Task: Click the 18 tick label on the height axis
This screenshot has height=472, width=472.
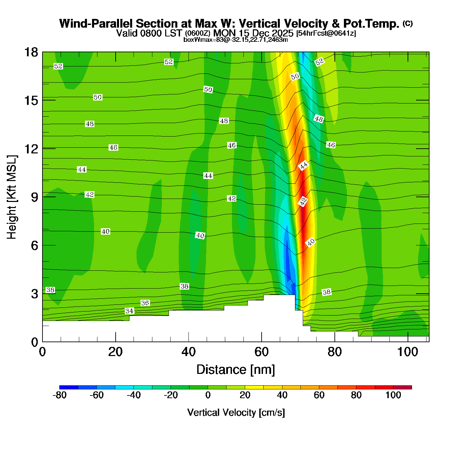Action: pyautogui.click(x=31, y=52)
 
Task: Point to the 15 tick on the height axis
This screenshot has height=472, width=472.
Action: pyautogui.click(x=31, y=100)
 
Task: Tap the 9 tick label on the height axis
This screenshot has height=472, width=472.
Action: pyautogui.click(x=34, y=197)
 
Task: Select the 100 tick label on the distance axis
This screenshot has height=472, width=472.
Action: pyautogui.click(x=407, y=352)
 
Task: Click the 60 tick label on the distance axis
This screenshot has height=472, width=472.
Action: pyautogui.click(x=262, y=352)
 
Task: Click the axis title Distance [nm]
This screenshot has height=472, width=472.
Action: pyautogui.click(x=236, y=370)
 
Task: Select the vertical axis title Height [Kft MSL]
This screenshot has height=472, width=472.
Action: pyautogui.click(x=12, y=197)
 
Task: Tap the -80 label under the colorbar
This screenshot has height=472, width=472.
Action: pyautogui.click(x=59, y=395)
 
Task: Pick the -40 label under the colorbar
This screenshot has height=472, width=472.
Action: pyautogui.click(x=134, y=395)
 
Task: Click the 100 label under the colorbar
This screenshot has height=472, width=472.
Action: pyautogui.click(x=393, y=395)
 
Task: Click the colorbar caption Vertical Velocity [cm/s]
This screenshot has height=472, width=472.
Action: pyautogui.click(x=236, y=413)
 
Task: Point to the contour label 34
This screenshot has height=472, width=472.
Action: pyautogui.click(x=129, y=311)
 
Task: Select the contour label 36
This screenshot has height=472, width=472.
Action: pyautogui.click(x=145, y=303)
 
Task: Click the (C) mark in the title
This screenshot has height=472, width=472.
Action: pyautogui.click(x=408, y=24)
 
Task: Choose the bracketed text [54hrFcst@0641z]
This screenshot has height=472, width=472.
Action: pyautogui.click(x=326, y=33)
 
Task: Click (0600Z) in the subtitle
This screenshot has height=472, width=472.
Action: pyautogui.click(x=198, y=33)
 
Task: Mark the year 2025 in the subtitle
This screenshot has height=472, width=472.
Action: pyautogui.click(x=282, y=33)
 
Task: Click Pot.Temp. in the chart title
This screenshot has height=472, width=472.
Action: pyautogui.click(x=371, y=24)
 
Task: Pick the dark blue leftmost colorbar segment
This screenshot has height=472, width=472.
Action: pyautogui.click(x=69, y=387)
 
